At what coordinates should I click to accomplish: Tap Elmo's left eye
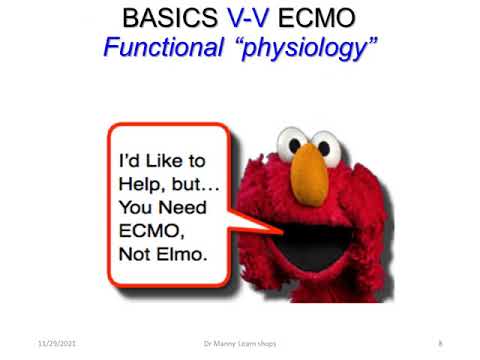296,141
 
